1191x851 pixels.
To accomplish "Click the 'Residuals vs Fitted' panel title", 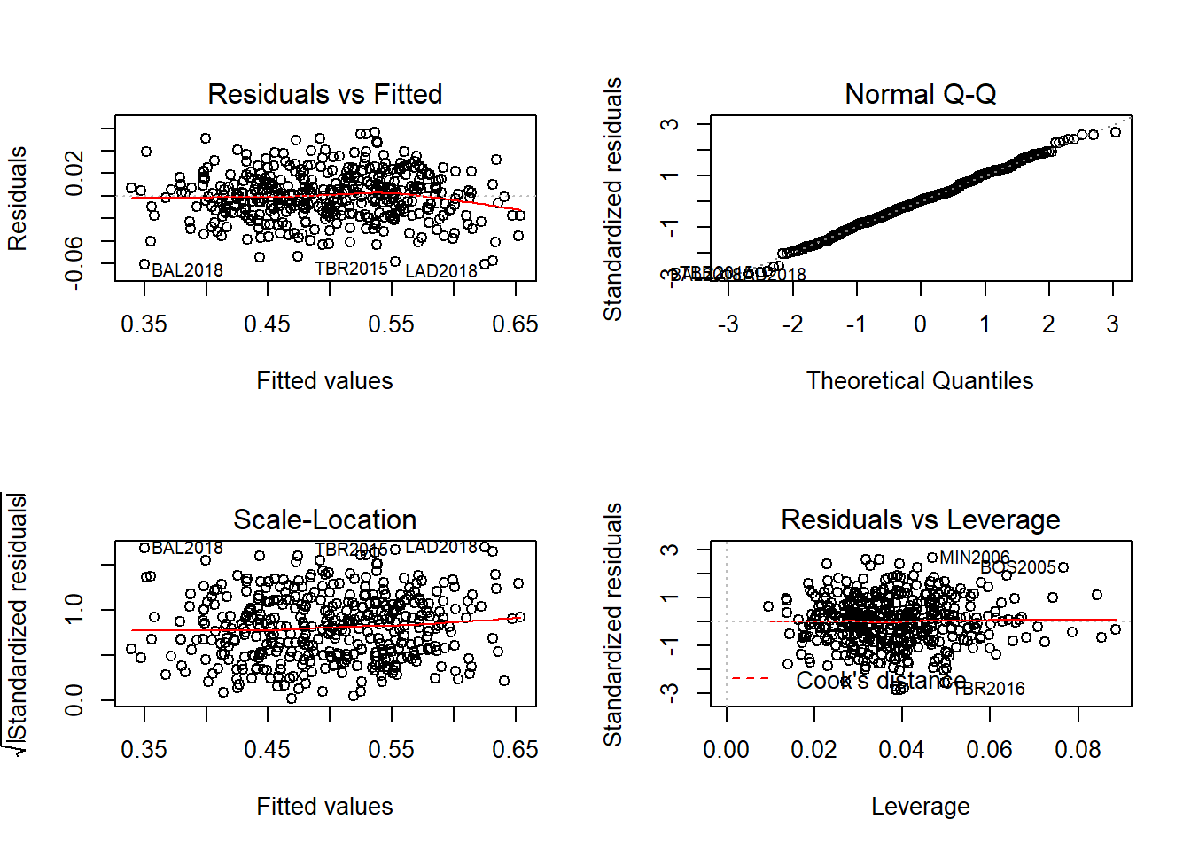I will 324,94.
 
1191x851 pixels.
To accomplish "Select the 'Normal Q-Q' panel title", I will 920,94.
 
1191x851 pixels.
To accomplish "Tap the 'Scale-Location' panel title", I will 324,519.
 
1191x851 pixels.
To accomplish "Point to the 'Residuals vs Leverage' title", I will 920,519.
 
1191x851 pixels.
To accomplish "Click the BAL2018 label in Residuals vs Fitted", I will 187,270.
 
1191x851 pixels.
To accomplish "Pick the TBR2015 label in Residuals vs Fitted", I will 351,269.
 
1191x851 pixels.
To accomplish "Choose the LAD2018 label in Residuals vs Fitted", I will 440,271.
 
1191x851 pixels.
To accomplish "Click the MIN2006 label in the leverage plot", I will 974,558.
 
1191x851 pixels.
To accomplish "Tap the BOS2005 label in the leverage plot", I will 1018,567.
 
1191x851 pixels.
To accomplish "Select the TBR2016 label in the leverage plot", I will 989,689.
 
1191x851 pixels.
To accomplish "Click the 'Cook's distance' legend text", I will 880,681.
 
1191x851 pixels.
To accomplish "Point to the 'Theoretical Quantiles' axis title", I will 920,381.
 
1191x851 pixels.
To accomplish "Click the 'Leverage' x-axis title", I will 920,807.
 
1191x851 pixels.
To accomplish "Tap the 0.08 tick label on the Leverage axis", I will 1078,750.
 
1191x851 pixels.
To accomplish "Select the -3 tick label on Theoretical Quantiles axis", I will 728,324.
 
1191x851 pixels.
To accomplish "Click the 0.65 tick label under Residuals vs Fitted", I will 515,324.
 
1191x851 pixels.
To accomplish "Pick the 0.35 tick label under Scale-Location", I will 144,750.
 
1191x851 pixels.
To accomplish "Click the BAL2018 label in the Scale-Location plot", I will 187,549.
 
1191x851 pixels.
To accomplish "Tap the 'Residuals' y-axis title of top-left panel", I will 18,199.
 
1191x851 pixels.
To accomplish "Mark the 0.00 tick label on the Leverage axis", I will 726,750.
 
